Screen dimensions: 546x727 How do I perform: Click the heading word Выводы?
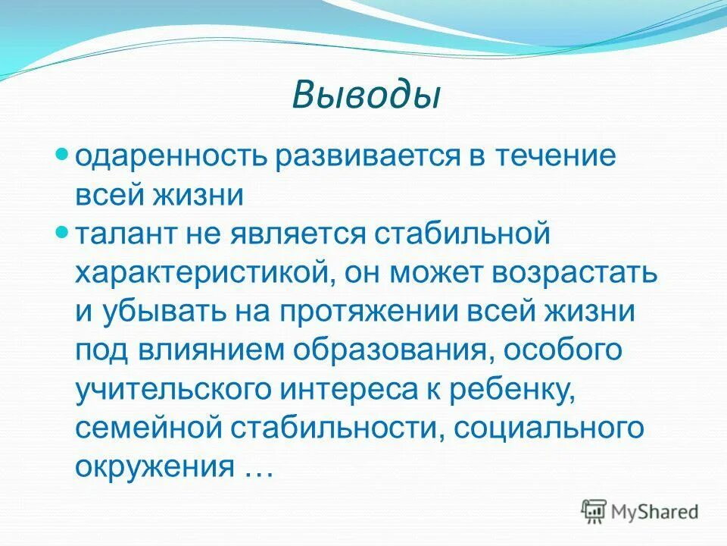[366, 97]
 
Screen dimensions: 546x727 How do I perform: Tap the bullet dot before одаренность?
[64, 153]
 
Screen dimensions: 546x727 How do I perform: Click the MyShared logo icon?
[594, 511]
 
